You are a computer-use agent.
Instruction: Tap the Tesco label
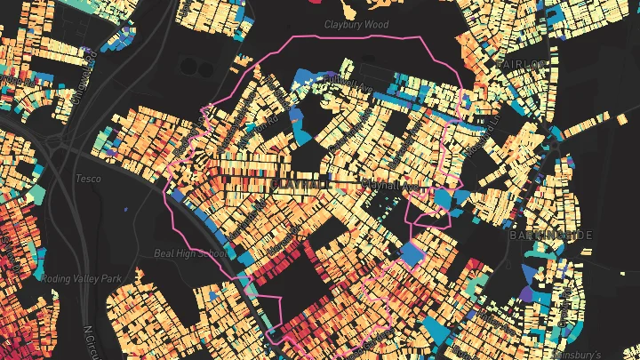(x=88, y=179)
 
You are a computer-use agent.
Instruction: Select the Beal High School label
(x=189, y=252)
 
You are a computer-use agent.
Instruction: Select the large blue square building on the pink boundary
(x=412, y=254)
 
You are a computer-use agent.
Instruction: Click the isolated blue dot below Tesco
(x=126, y=210)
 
